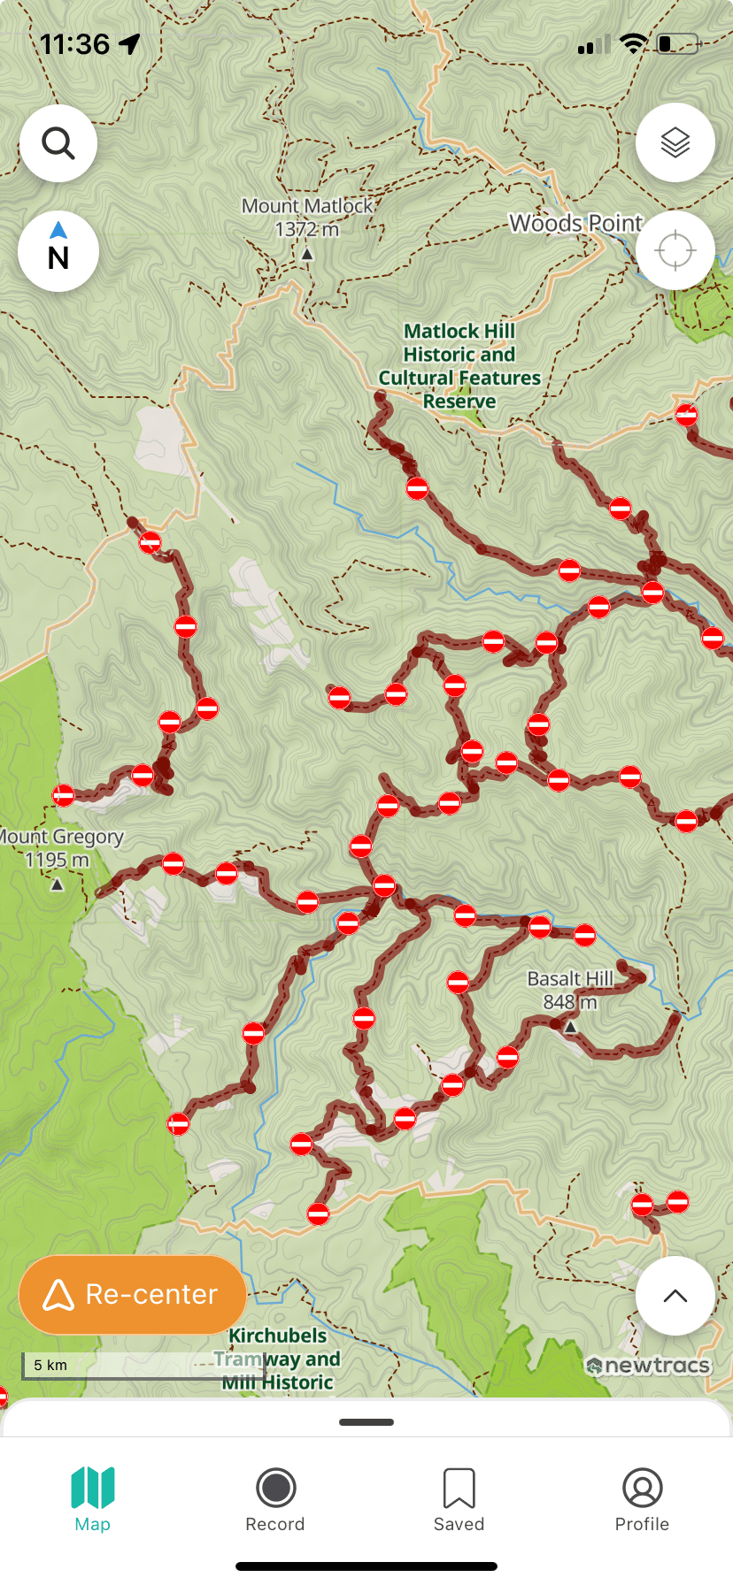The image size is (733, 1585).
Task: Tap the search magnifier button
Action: coord(58,143)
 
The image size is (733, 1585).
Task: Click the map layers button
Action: coord(675,142)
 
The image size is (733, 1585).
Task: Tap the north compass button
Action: coord(58,251)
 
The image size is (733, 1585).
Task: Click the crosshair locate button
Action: coord(675,250)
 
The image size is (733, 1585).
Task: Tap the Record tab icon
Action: coord(275,1488)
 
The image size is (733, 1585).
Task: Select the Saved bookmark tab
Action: coord(459,1488)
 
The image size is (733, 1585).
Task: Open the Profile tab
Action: coord(642,1488)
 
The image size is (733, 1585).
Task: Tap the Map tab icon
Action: coord(93,1488)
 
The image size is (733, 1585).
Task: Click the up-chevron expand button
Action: coord(675,1296)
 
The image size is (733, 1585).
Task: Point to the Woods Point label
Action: coord(575,224)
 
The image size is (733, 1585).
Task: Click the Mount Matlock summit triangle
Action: coord(307,255)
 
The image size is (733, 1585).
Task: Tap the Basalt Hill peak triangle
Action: coord(571,1027)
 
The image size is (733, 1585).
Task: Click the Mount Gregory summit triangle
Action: coord(58,884)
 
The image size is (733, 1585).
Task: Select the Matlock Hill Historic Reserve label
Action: coord(459,365)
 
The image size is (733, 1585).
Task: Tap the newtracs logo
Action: coord(649,1366)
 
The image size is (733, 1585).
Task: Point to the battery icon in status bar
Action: coord(678,44)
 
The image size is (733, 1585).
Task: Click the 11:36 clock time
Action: coord(75,44)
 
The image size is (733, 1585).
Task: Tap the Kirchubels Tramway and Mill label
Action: coord(278,1359)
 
